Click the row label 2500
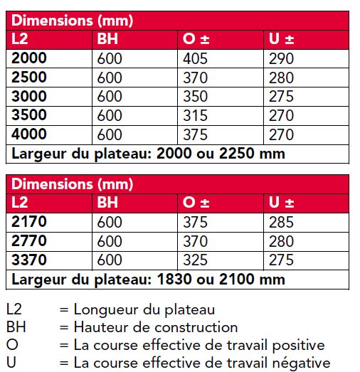31,77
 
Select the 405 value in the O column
195,58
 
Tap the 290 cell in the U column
282,58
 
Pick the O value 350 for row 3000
195,96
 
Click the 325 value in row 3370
195,260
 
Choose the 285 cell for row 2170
282,222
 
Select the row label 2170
30,222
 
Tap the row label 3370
30,260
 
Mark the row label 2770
30,241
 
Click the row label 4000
31,134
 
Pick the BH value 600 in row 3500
110,115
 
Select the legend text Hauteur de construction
155,327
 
